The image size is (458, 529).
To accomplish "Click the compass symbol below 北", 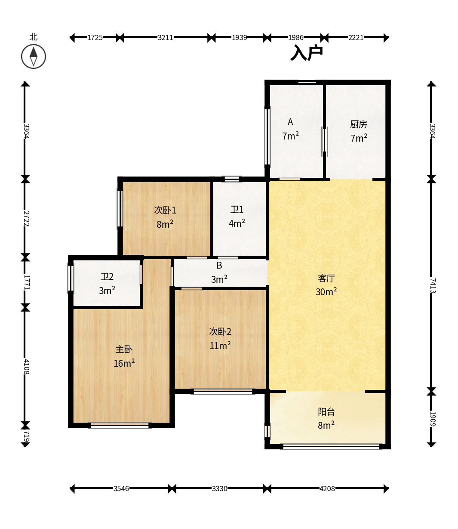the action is (x=34, y=56).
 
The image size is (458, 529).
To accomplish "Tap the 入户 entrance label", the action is (x=306, y=53).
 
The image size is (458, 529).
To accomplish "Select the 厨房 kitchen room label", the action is (x=359, y=124).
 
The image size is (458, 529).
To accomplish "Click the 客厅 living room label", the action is (x=326, y=278).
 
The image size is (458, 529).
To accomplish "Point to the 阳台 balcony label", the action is (x=326, y=412).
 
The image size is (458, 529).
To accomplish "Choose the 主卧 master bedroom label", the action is (x=124, y=350).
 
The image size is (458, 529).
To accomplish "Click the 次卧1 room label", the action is (x=165, y=210).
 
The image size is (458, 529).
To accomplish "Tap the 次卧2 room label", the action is (x=220, y=332).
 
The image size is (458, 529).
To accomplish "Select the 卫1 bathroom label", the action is (x=237, y=210).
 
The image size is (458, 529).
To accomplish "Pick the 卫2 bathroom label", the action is (x=107, y=277).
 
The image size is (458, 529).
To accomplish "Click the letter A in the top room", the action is (x=290, y=122).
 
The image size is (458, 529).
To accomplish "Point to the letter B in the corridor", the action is (x=219, y=266).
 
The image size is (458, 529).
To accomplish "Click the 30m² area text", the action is (x=326, y=292).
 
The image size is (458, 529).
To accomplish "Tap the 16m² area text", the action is (x=124, y=363).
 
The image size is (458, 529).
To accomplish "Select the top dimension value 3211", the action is (x=166, y=37).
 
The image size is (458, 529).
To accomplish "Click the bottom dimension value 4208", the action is (x=327, y=489).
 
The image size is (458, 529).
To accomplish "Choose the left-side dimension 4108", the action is (x=26, y=367).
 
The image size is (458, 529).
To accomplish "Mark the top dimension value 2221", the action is (x=356, y=37).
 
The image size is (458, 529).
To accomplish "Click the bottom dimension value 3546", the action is (x=121, y=489).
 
